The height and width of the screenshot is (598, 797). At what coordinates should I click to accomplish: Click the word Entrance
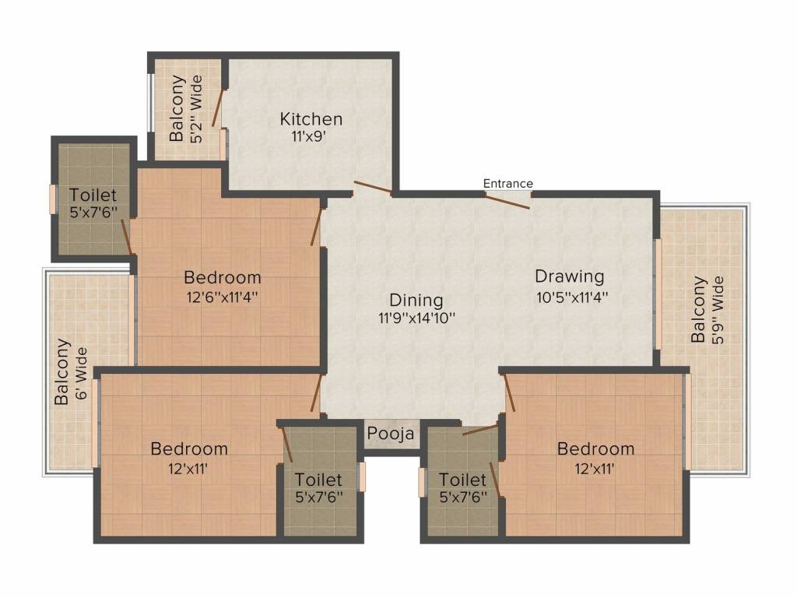(x=507, y=183)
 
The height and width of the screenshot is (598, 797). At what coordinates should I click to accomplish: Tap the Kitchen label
(x=311, y=119)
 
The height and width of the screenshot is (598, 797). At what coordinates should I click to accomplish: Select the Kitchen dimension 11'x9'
(x=308, y=137)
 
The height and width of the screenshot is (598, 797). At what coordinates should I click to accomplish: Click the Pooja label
(x=391, y=434)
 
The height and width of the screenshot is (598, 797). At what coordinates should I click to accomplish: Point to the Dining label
(x=416, y=300)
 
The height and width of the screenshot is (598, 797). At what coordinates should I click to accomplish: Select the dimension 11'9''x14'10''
(x=416, y=318)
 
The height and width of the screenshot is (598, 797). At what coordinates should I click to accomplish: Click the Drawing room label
(x=570, y=276)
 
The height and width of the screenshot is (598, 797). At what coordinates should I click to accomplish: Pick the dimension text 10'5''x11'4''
(x=572, y=297)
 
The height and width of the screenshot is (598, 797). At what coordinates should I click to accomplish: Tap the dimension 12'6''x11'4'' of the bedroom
(x=223, y=297)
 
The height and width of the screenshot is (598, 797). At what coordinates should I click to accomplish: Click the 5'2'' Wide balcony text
(x=197, y=109)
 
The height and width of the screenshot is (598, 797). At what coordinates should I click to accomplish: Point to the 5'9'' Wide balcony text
(x=717, y=310)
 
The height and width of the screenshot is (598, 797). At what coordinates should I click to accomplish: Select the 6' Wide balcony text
(x=81, y=373)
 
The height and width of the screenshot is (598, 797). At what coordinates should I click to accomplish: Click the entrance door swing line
(x=507, y=201)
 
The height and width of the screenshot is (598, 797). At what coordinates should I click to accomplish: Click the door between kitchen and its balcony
(x=218, y=107)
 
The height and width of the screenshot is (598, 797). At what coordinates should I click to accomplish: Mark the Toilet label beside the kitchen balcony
(x=93, y=195)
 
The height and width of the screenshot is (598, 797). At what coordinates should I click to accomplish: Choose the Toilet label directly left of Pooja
(x=318, y=480)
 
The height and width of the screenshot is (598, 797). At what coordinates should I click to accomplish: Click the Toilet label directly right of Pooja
(x=462, y=480)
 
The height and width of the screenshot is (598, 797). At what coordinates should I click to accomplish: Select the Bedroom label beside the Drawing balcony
(x=595, y=449)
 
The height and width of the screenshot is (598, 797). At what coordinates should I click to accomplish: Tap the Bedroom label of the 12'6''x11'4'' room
(x=223, y=278)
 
